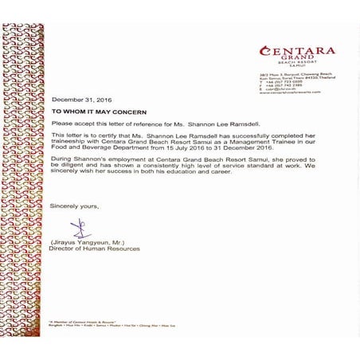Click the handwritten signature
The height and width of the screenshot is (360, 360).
(x=79, y=228)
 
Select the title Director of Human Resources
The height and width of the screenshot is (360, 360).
(x=94, y=248)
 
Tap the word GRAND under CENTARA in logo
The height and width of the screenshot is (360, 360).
(x=302, y=60)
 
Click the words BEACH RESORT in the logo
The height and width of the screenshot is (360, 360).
(x=302, y=65)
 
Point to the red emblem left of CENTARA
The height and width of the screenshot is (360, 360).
(x=264, y=52)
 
